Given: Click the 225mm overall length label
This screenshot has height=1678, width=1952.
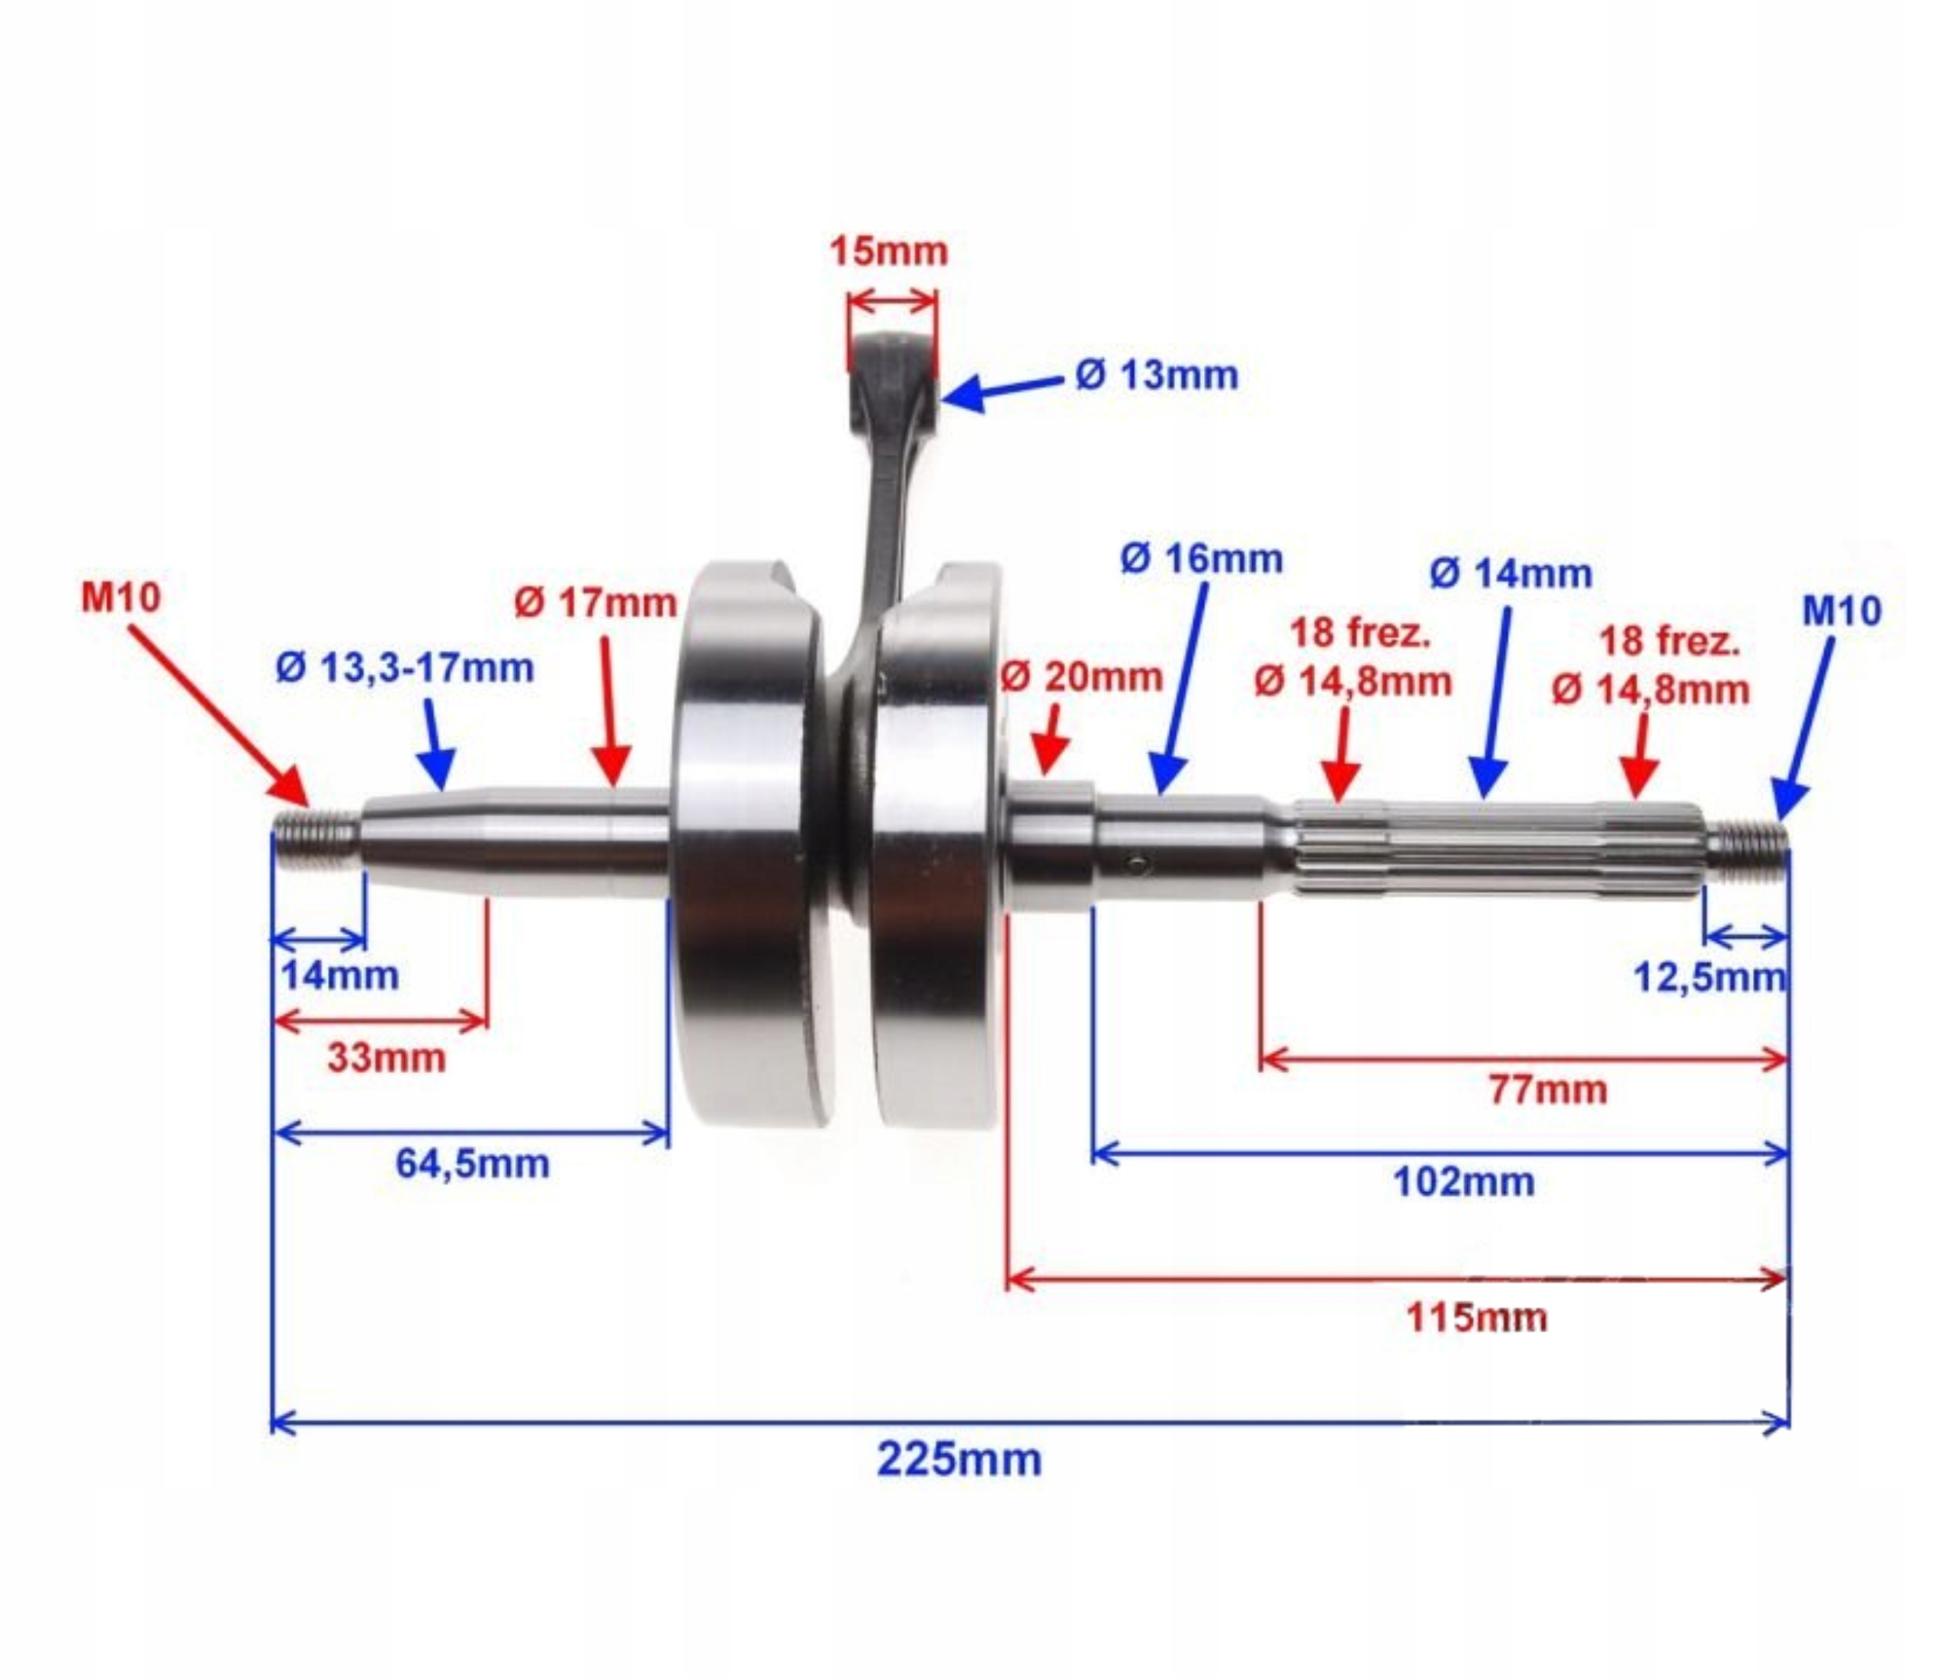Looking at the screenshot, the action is tap(959, 1459).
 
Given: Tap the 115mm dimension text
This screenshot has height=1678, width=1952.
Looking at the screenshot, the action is tap(1476, 1317).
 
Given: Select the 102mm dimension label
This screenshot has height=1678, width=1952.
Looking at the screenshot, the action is tap(1463, 1181).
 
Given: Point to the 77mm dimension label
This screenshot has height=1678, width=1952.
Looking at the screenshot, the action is tap(1548, 1090).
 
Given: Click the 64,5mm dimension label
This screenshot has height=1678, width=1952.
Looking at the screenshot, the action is tap(472, 1164).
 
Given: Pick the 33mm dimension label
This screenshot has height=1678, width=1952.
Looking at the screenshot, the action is tap(387, 1058).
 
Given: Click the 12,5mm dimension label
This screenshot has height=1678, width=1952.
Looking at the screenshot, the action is tap(1709, 978).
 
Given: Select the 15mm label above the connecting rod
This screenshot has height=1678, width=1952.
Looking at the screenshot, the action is tap(888, 252).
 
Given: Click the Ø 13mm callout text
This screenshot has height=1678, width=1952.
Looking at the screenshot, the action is tap(1156, 375).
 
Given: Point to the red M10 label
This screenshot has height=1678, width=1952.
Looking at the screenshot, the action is tap(120, 597).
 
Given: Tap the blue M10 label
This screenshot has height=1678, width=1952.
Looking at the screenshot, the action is tap(1841, 612).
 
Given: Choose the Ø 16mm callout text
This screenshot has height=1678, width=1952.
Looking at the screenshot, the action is tap(1201, 559).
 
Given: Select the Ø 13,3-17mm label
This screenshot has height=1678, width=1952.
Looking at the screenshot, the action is tap(404, 668).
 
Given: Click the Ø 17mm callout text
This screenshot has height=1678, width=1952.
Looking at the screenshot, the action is tap(596, 603).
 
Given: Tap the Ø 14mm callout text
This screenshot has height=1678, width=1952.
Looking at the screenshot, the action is tap(1511, 573).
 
